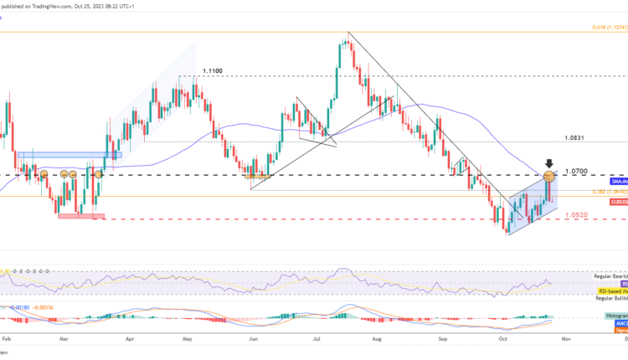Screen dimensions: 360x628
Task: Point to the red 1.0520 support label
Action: (574, 215)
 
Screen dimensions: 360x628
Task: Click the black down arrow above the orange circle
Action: (549, 163)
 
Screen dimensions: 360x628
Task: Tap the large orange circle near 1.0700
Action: (549, 176)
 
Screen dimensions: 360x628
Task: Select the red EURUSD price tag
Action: (618, 202)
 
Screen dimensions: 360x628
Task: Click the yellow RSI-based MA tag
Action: (610, 291)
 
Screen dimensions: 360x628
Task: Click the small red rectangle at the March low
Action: (81, 216)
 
